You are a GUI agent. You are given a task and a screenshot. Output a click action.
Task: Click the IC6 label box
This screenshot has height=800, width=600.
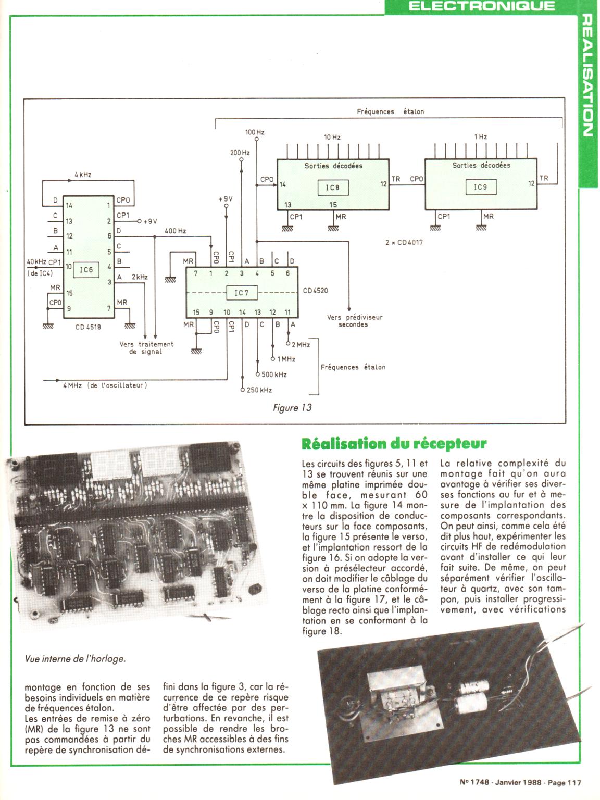pos(86,269)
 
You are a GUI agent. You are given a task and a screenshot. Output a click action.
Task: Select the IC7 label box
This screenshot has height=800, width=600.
pos(242,293)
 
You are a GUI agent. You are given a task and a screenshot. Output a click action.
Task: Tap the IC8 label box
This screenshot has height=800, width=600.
pos(333,187)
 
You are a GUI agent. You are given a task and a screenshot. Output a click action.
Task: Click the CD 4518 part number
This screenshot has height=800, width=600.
pos(88,327)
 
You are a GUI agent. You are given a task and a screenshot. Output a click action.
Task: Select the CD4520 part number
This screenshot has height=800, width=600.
pos(316,291)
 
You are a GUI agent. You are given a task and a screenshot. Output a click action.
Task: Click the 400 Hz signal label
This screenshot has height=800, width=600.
pos(176,230)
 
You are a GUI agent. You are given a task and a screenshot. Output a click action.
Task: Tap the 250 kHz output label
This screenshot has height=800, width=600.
pos(259,390)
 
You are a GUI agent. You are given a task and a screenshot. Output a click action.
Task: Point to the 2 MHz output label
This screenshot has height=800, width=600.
pos(301,344)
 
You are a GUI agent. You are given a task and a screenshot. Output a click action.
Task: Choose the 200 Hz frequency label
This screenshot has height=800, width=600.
pos(240,153)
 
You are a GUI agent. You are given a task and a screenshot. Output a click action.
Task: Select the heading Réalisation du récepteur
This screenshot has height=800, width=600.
pos(394,444)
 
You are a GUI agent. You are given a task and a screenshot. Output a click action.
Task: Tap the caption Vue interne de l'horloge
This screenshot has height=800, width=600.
pos(76,658)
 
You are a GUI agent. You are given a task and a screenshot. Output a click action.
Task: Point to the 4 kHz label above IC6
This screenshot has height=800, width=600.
pos(83,174)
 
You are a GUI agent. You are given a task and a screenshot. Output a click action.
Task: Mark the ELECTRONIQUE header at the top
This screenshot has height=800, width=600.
pos(482,6)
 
